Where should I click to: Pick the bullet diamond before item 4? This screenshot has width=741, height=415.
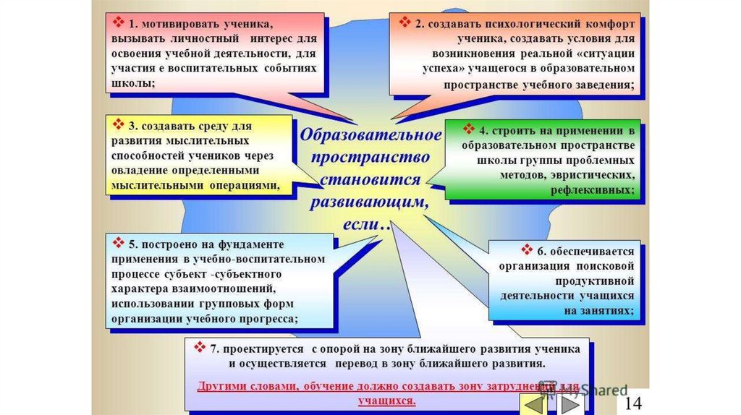pos(467,130)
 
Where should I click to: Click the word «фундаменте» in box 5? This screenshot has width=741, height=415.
pos(248,244)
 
